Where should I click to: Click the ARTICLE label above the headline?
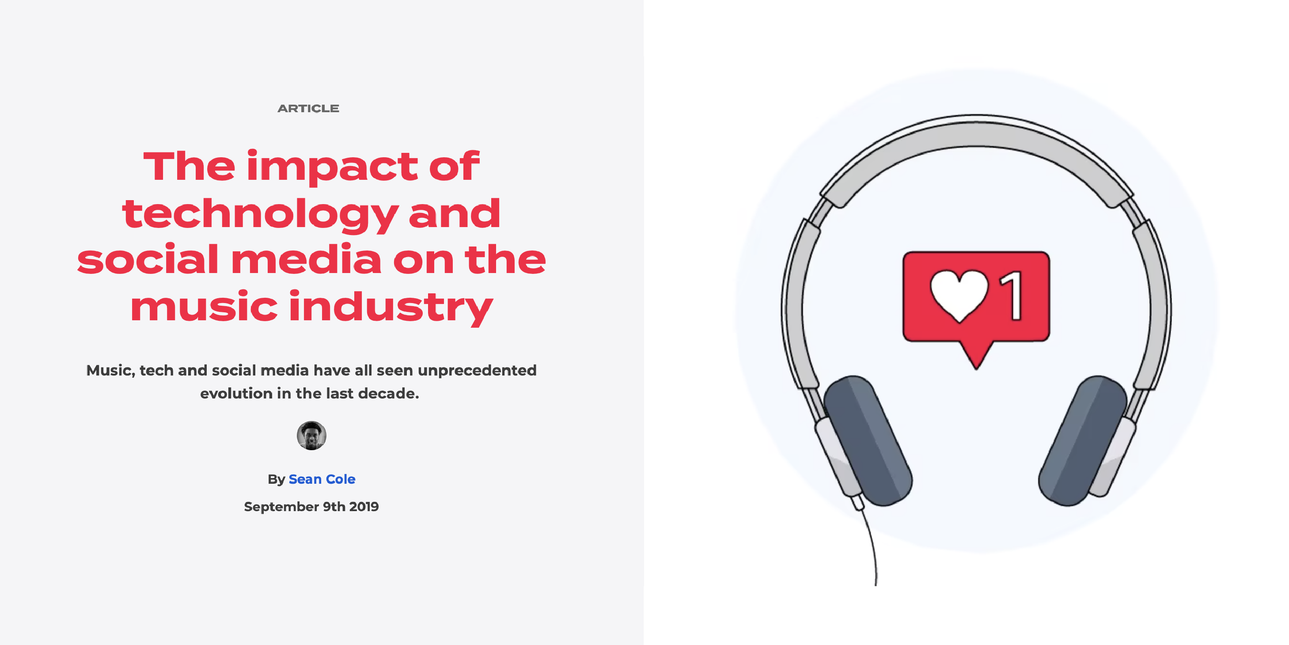point(308,109)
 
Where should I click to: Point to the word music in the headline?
point(204,306)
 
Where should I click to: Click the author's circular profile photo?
point(311,435)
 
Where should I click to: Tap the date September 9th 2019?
point(311,506)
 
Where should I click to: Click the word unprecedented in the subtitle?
point(477,370)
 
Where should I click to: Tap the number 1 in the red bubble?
point(1011,295)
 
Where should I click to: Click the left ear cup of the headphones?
point(868,441)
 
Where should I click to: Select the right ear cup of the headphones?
point(1082,441)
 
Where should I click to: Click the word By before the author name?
point(276,479)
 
